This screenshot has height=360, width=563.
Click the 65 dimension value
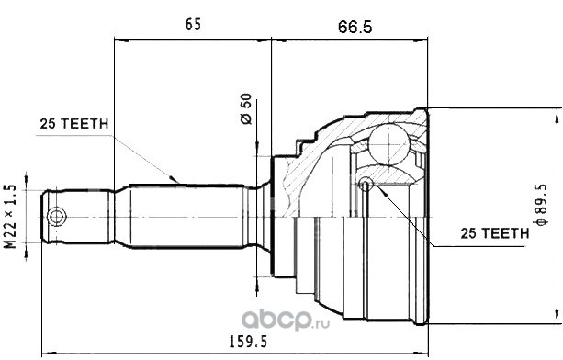(x=193, y=25)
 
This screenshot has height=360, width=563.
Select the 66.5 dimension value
(x=355, y=27)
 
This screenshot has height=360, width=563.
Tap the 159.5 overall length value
(x=248, y=342)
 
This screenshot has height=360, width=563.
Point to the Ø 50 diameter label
(x=246, y=108)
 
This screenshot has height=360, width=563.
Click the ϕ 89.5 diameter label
(x=541, y=205)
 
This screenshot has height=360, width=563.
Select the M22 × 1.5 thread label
(x=10, y=217)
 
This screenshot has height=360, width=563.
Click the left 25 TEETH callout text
(x=74, y=124)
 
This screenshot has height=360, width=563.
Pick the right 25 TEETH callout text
(x=495, y=233)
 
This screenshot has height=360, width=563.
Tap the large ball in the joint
(x=388, y=144)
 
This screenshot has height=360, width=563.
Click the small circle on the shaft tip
(x=56, y=217)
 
